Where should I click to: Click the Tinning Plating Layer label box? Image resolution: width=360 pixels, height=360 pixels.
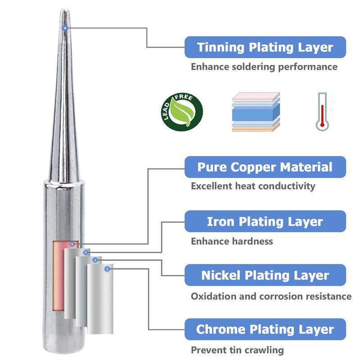(265, 47)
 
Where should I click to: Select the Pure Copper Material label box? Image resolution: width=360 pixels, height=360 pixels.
(265, 167)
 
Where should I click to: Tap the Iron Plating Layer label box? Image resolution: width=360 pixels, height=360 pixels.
(265, 221)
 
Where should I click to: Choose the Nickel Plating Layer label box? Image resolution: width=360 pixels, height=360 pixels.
(265, 275)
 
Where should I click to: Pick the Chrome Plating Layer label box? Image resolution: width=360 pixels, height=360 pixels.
(265, 329)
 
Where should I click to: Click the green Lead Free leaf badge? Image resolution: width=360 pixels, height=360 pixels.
(183, 111)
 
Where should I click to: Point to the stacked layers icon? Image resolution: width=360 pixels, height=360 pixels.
(256, 112)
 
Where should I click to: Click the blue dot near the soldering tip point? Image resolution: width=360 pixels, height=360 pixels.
(66, 28)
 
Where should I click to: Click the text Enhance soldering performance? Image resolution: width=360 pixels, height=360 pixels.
(264, 67)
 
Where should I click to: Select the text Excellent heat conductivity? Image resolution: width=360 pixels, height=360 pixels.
(253, 186)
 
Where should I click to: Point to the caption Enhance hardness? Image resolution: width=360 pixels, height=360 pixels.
(232, 241)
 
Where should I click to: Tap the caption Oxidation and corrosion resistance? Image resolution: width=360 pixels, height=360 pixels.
(271, 296)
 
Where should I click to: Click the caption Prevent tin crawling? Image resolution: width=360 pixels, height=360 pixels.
(237, 350)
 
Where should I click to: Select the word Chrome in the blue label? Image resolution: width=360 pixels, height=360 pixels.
(219, 329)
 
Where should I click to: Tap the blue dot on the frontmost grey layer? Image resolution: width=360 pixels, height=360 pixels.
(107, 269)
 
